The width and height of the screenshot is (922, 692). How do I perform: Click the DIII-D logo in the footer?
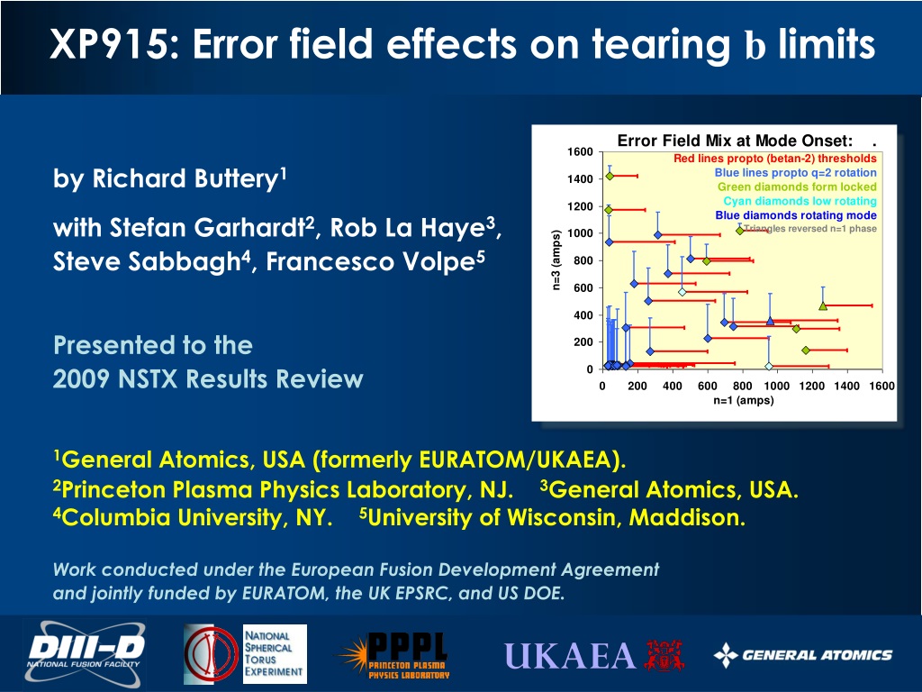pyautogui.click(x=85, y=654)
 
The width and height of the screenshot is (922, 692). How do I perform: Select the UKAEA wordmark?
pyautogui.click(x=570, y=656)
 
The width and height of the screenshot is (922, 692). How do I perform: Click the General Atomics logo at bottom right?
pyautogui.click(x=803, y=655)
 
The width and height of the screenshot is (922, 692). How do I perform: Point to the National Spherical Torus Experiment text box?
pyautogui.click(x=275, y=654)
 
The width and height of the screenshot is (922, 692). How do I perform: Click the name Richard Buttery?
pyautogui.click(x=185, y=178)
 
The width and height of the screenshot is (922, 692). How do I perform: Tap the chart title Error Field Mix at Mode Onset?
pyautogui.click(x=735, y=140)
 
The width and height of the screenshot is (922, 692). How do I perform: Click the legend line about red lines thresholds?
pyautogui.click(x=775, y=159)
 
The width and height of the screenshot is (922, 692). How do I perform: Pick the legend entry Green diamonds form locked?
pyautogui.click(x=797, y=187)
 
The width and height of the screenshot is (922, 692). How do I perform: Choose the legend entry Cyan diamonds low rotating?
pyautogui.click(x=800, y=201)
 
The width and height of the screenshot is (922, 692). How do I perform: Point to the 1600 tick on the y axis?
pyautogui.click(x=581, y=151)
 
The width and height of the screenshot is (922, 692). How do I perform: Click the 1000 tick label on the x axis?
pyautogui.click(x=777, y=386)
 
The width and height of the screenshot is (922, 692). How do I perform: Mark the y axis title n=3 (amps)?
pyautogui.click(x=556, y=259)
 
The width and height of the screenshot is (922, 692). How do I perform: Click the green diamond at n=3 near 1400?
pyautogui.click(x=610, y=176)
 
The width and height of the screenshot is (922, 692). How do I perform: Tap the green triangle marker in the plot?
pyautogui.click(x=823, y=306)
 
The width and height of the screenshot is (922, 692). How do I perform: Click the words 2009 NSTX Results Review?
pyautogui.click(x=208, y=379)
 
